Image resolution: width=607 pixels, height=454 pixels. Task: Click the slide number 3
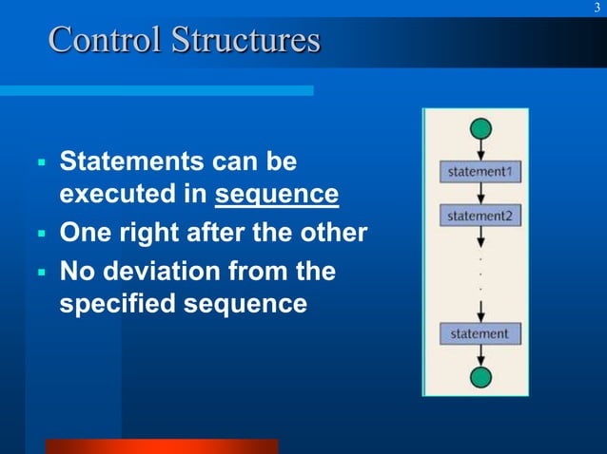click(x=597, y=9)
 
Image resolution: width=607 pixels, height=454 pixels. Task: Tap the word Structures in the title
click(x=245, y=41)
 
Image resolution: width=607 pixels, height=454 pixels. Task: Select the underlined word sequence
click(x=277, y=195)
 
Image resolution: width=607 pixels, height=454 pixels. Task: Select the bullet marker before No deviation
click(x=41, y=273)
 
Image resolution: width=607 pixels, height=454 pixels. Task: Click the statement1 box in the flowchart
click(x=480, y=173)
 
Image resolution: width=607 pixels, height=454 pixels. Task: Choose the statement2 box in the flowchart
click(x=480, y=217)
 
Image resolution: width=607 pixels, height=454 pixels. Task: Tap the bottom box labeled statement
click(x=480, y=333)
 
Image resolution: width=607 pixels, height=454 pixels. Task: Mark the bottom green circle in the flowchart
click(x=481, y=378)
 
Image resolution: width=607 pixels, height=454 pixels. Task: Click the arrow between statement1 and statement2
click(x=481, y=194)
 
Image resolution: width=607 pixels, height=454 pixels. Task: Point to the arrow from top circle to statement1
click(x=481, y=150)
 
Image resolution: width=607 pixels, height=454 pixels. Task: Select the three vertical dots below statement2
click(x=481, y=272)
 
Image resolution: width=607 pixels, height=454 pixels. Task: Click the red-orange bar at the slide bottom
click(x=161, y=445)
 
